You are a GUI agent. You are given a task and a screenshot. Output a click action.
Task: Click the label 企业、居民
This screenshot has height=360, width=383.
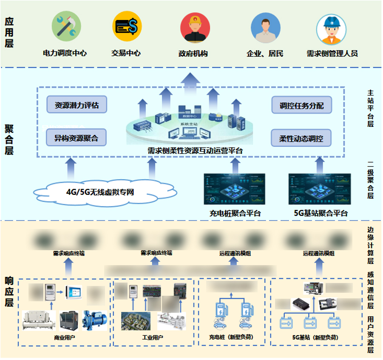(x=265, y=54)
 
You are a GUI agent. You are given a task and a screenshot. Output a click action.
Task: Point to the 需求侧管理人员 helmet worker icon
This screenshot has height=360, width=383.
(x=331, y=29)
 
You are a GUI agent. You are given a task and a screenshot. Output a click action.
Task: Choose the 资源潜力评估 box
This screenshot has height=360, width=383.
(x=77, y=105)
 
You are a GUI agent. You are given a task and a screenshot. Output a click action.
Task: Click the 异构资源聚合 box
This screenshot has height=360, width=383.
(x=76, y=138)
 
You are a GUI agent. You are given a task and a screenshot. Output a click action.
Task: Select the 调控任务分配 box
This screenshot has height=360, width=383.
(x=301, y=105)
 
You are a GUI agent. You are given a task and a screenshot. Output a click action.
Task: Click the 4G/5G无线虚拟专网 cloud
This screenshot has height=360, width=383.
(x=100, y=192)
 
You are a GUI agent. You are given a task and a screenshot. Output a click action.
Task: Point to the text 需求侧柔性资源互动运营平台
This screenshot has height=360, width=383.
(x=195, y=151)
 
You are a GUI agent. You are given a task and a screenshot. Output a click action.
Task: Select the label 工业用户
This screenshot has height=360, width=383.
(x=153, y=337)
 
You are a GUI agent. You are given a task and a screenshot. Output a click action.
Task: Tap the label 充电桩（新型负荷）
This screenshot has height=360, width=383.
(x=232, y=337)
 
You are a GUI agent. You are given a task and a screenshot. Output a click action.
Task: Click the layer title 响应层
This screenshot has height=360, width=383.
(x=9, y=292)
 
